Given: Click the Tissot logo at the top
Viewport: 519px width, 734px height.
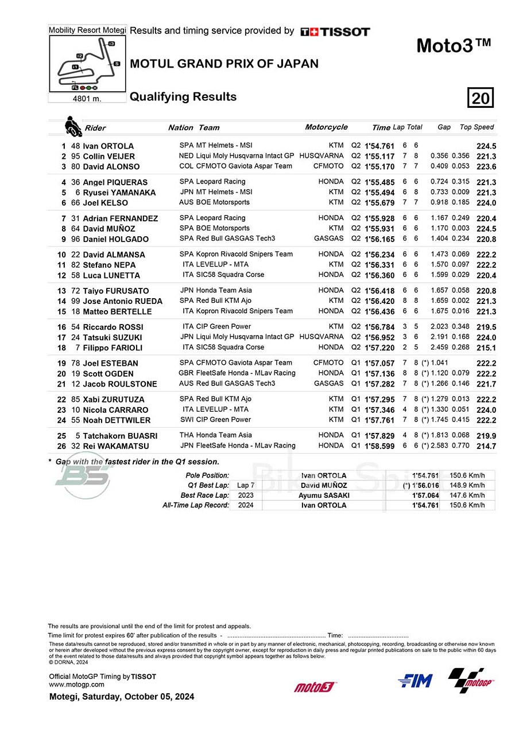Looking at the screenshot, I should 335,32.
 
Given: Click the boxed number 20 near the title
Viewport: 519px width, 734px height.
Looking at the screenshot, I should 481,98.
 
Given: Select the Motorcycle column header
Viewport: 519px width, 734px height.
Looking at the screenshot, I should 326,127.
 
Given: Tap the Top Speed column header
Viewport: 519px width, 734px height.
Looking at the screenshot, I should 477,127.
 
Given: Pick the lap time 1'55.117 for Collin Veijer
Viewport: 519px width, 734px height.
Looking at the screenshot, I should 379,157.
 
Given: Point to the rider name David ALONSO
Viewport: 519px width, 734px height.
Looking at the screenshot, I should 111,167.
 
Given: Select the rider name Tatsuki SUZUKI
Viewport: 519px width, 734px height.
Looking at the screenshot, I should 113,337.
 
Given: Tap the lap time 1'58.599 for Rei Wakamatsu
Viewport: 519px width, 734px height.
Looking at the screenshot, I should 379,446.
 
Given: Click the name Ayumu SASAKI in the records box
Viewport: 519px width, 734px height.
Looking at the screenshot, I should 323,495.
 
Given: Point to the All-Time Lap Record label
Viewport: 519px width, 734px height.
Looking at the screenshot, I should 196,505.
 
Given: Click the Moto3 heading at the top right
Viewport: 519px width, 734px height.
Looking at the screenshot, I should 454,45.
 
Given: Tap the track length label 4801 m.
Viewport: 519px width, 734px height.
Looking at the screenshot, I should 87,98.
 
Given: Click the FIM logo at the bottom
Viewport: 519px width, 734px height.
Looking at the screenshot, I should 415,681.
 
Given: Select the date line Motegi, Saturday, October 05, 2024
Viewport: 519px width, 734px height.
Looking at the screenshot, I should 122,697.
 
